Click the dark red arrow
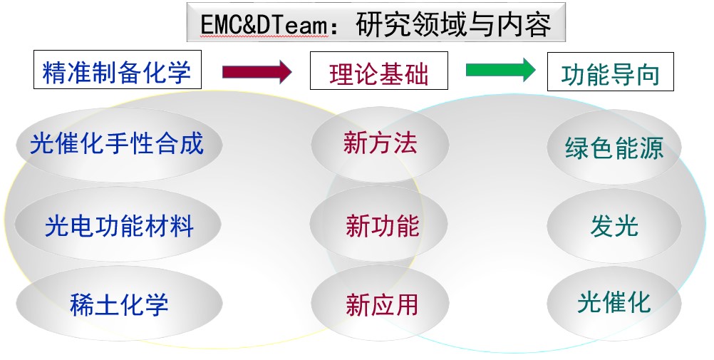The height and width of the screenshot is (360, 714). [257, 71]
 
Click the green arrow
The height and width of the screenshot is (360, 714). [500, 69]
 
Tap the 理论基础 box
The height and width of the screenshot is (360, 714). [378, 71]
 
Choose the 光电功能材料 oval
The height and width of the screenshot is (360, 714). [119, 226]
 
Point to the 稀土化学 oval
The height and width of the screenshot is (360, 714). [119, 304]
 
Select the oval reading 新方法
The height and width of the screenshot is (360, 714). [380, 143]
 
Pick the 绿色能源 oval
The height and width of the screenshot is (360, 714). [614, 148]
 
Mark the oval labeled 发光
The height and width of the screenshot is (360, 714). [614, 226]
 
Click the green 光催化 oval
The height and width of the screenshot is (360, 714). [614, 302]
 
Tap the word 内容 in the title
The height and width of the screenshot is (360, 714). [526, 25]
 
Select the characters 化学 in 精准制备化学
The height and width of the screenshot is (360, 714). [173, 71]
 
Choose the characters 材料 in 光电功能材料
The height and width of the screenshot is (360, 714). [176, 226]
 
